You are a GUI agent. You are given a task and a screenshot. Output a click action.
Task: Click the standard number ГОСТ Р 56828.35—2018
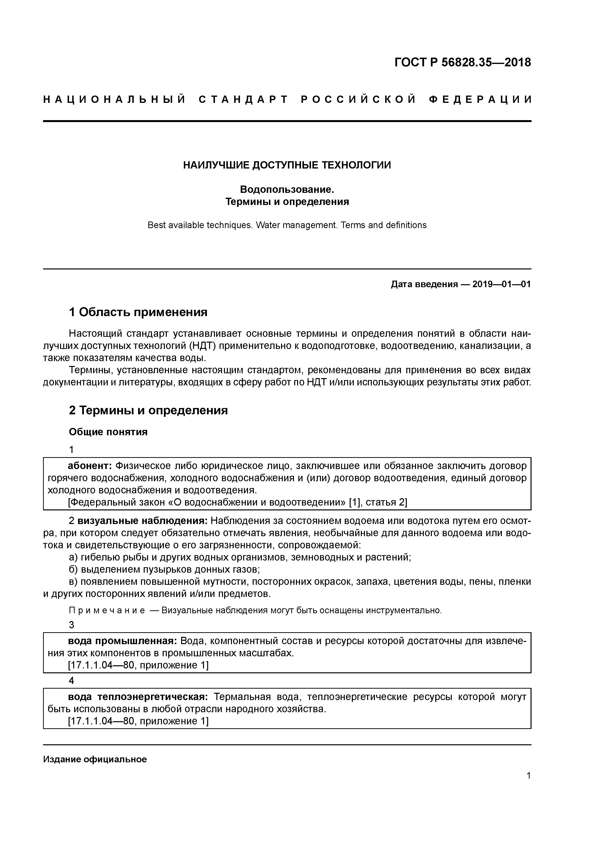tap(462, 62)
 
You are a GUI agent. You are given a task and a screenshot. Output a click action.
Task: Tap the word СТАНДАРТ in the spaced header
tap(243, 99)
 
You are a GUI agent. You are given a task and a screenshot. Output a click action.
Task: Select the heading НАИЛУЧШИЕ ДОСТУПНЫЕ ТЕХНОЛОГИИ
tap(287, 165)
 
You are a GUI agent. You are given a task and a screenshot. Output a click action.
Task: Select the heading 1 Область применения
tap(138, 312)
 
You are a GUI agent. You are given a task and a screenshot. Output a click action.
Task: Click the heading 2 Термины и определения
tap(148, 410)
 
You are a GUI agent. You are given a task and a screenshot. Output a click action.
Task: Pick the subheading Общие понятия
tap(108, 432)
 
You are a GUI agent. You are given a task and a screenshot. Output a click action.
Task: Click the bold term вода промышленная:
tap(122, 641)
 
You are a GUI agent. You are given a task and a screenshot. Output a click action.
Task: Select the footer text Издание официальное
tap(95, 759)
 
